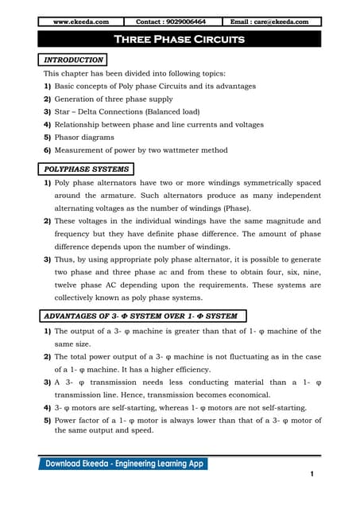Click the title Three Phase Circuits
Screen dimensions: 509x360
point(180,39)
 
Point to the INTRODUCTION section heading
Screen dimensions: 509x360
point(72,60)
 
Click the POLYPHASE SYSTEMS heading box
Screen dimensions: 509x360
point(86,169)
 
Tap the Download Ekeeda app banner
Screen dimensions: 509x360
point(122,464)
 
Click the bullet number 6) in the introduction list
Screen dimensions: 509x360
point(48,150)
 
